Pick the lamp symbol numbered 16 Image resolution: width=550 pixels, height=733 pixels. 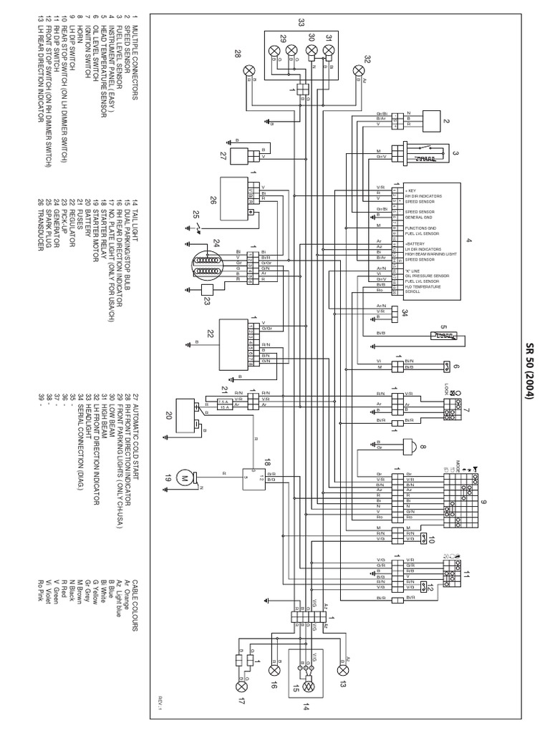(x=272, y=671)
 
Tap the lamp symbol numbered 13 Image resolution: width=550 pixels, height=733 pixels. (x=343, y=671)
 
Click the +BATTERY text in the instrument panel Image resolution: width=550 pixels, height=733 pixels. (x=416, y=244)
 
